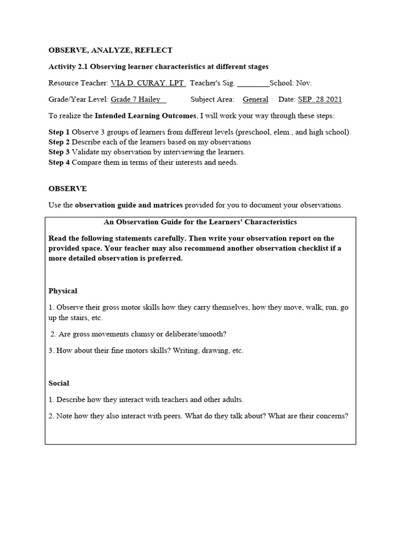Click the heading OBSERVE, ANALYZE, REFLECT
(110, 50)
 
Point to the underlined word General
(255, 99)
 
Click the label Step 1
(59, 132)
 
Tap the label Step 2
(59, 142)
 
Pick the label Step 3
(59, 152)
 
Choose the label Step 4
(59, 162)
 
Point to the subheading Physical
(63, 291)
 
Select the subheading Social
(59, 383)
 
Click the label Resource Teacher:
(78, 83)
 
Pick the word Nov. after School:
(304, 83)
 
